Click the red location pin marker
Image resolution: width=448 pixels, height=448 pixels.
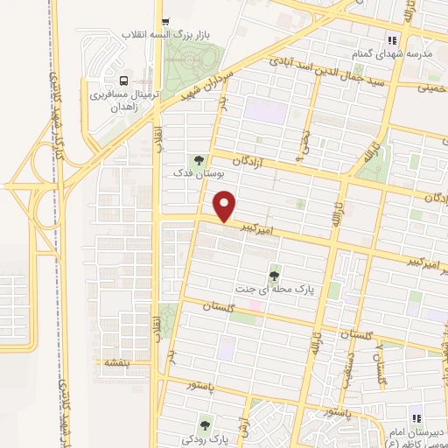226,207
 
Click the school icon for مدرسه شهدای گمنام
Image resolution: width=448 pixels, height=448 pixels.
393,39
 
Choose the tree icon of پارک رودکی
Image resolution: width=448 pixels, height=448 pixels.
205,425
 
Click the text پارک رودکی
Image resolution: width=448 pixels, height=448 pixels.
205,440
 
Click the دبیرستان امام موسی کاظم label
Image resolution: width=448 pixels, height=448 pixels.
416,438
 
